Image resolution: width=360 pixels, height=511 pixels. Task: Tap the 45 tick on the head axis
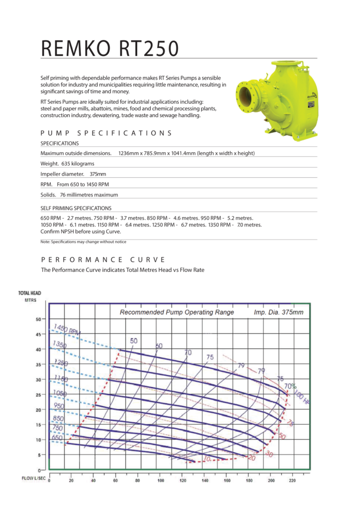[x=38, y=334]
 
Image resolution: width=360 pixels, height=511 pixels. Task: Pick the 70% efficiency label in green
[x=290, y=386]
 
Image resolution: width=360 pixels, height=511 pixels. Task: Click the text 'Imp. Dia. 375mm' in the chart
[x=278, y=312]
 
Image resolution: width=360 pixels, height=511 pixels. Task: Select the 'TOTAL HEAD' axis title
[x=29, y=293]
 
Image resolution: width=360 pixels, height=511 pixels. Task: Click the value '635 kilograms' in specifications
[x=77, y=164]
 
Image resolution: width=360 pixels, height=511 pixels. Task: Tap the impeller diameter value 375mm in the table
[x=98, y=174]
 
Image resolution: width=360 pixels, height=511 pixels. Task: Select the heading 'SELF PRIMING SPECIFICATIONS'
[x=76, y=208]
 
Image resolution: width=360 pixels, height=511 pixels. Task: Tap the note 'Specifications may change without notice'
[x=83, y=242]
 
